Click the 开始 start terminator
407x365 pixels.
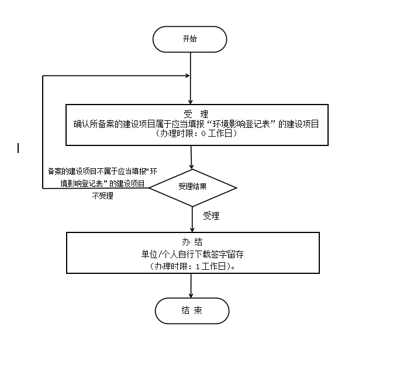click(x=189, y=39)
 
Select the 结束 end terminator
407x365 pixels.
click(x=192, y=310)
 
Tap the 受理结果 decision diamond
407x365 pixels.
click(x=192, y=187)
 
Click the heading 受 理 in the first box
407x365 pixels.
click(x=192, y=113)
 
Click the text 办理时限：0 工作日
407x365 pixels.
click(x=192, y=134)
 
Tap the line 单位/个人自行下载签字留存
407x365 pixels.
click(x=192, y=254)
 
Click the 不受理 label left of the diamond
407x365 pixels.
click(x=103, y=196)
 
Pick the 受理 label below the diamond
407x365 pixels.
click(x=211, y=216)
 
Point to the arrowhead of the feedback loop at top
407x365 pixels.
click(x=187, y=76)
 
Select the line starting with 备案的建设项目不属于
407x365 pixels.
click(x=103, y=172)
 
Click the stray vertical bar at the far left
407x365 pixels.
click(x=19, y=148)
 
